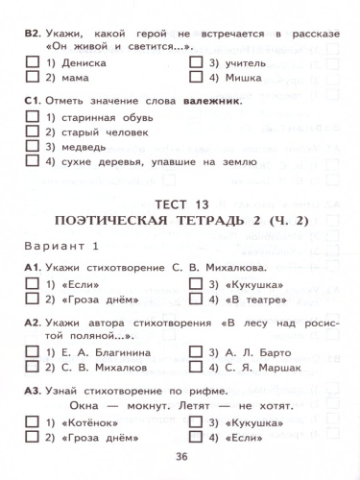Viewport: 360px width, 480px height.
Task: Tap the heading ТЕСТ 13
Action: point(180,204)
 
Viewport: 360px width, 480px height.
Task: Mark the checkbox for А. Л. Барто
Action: point(196,352)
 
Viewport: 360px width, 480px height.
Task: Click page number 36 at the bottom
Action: point(180,456)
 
